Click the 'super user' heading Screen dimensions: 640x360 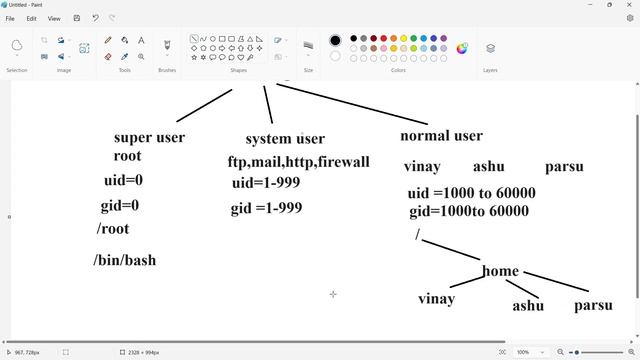pyautogui.click(x=149, y=137)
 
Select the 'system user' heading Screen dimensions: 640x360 pyautogui.click(x=285, y=139)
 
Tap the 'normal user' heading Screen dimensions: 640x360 pyautogui.click(x=441, y=135)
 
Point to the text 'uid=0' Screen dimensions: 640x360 pyautogui.click(x=123, y=181)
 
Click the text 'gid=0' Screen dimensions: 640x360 pyautogui.click(x=120, y=206)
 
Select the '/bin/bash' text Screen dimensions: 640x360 pyautogui.click(x=125, y=260)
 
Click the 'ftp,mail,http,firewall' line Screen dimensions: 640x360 pyautogui.click(x=298, y=162)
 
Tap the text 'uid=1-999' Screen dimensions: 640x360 pyautogui.click(x=266, y=183)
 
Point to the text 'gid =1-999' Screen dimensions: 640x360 pyautogui.click(x=266, y=208)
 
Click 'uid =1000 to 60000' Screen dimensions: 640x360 pyautogui.click(x=471, y=193)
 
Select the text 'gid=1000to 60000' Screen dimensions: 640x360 pyautogui.click(x=469, y=211)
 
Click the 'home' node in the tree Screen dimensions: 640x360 pyautogui.click(x=500, y=271)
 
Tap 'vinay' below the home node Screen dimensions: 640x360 pyautogui.click(x=436, y=298)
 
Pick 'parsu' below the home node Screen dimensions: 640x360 pyautogui.click(x=593, y=305)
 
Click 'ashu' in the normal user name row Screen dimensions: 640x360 pyautogui.click(x=489, y=167)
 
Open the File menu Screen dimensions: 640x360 pyautogui.click(x=10, y=18)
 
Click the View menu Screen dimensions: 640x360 pyautogui.click(x=54, y=18)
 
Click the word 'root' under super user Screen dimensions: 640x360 pyautogui.click(x=127, y=156)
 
